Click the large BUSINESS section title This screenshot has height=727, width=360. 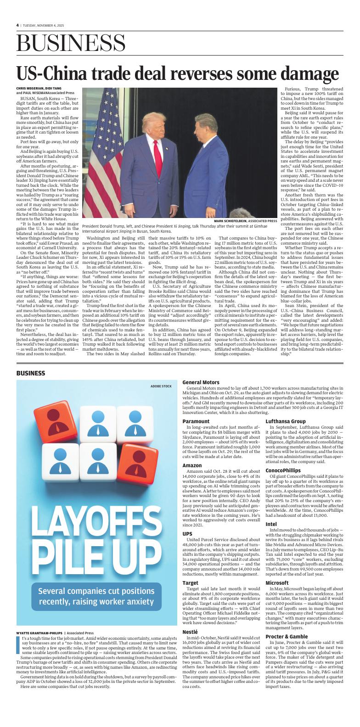point(71,44)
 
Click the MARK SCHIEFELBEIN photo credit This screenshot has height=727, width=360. point(245,221)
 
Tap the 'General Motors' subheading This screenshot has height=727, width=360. point(201,382)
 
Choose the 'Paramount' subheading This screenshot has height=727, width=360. point(196,421)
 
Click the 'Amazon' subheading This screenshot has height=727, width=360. point(192,465)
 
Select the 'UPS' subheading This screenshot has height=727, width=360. point(187,534)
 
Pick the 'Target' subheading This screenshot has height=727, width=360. point(191,583)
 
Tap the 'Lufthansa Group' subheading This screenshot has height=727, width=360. point(286,421)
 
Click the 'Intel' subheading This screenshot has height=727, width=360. point(271,524)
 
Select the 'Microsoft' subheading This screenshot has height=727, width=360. point(277,582)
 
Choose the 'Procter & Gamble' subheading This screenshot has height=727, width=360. point(287,637)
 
